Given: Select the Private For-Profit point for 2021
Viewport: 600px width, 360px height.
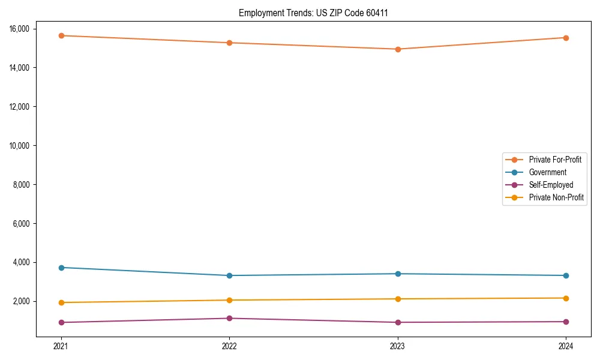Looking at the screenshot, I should [x=61, y=35].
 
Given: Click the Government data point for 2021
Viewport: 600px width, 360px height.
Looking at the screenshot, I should [x=61, y=268].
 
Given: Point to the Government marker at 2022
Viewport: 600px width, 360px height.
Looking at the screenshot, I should [x=229, y=275].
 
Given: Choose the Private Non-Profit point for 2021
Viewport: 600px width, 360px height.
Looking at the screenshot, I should [x=61, y=302].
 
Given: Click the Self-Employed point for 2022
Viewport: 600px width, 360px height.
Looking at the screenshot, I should [x=229, y=318].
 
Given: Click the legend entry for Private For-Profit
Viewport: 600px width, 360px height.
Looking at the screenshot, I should [x=554, y=160].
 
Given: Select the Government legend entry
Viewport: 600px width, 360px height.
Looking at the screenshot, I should [x=547, y=172].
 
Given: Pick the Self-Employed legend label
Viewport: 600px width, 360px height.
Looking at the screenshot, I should [x=551, y=185].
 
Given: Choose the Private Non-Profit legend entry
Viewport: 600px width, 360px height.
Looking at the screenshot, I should [x=556, y=197].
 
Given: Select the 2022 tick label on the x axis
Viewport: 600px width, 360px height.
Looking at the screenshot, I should [x=229, y=346].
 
